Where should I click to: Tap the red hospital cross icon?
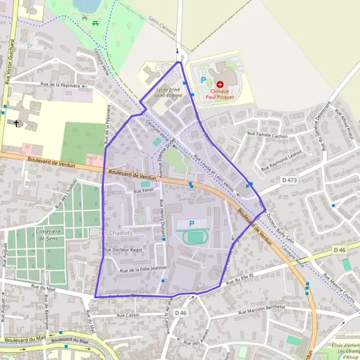[220, 84]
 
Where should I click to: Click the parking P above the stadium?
[192, 224]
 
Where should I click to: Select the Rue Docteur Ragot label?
[124, 250]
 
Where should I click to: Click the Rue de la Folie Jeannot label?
[143, 270]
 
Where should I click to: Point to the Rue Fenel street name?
[144, 190]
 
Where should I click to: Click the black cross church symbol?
[16, 124]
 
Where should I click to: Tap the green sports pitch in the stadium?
[196, 238]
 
